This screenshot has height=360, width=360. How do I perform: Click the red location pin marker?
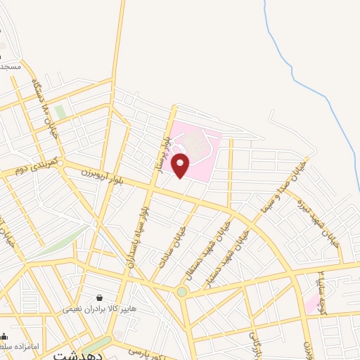181,165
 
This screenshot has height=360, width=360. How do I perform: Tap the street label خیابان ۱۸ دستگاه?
44,105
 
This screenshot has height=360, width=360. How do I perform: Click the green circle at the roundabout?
182,292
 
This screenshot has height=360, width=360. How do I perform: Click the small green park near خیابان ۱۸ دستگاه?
61,112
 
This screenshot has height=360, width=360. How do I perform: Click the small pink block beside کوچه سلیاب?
311,304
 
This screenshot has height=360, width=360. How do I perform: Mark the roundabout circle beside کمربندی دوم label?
60,163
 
